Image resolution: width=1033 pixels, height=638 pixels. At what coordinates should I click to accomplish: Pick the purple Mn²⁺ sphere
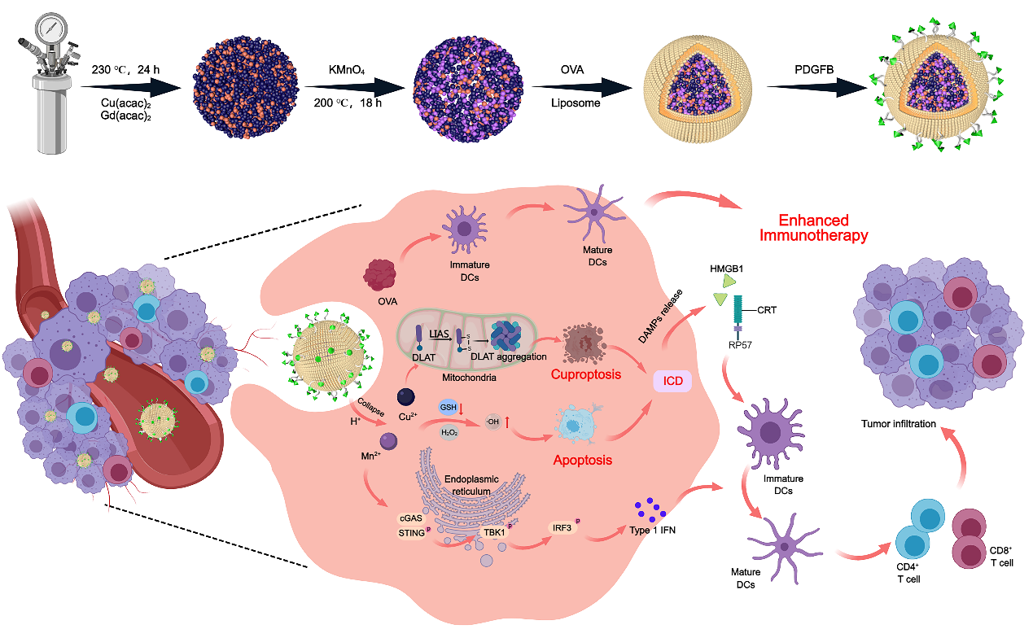390,441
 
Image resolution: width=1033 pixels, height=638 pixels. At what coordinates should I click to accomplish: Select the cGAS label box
411,518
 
